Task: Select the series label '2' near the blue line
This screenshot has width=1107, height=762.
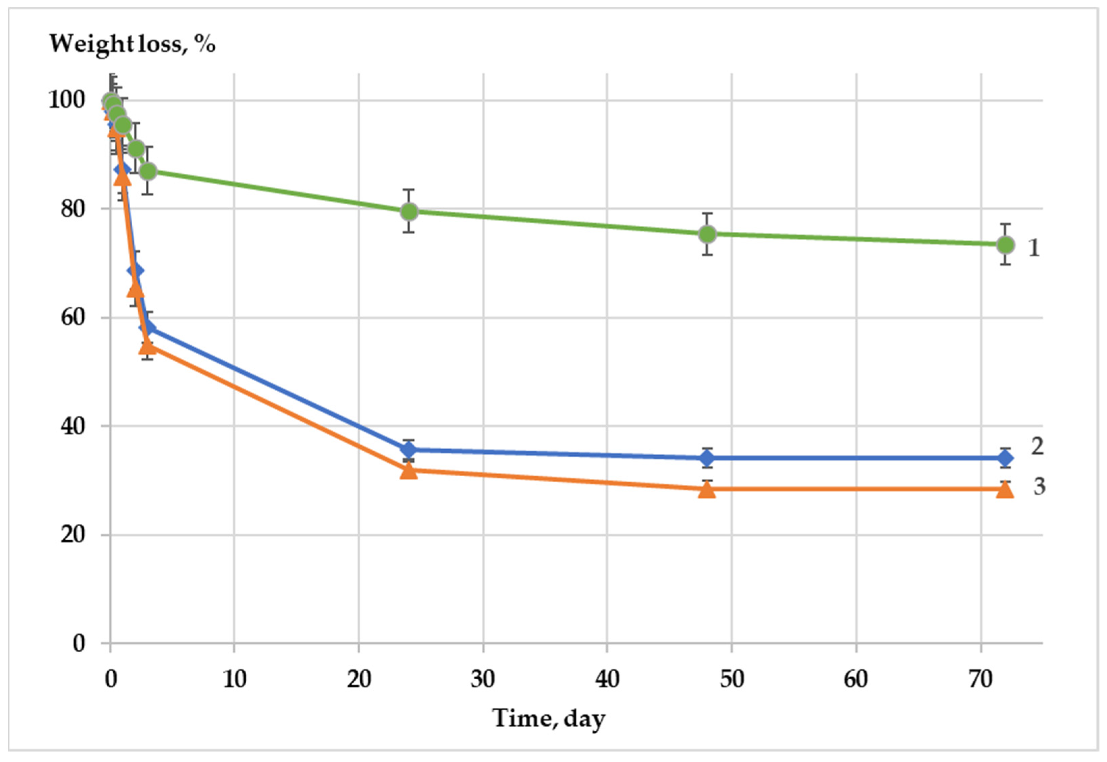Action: click(x=1037, y=446)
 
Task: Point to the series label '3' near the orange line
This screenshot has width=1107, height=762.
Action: click(x=1039, y=486)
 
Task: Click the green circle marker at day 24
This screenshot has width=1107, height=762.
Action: click(x=409, y=211)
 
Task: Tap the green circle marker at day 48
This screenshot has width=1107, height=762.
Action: click(x=707, y=234)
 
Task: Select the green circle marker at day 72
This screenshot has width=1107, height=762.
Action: click(x=1006, y=245)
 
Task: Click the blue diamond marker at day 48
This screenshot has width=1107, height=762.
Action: click(x=707, y=458)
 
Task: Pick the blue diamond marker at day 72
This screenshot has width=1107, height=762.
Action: click(x=1006, y=458)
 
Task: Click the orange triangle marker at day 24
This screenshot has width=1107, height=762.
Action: click(x=409, y=471)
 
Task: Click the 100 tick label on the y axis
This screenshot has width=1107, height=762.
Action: click(x=67, y=100)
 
